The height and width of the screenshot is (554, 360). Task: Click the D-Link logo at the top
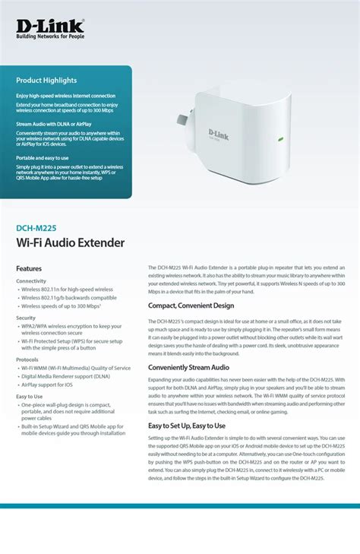point(49,27)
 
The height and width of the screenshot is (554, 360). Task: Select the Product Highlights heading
point(46,81)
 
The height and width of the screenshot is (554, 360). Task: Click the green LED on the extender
point(279,139)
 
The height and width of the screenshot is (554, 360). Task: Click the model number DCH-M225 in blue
point(36,226)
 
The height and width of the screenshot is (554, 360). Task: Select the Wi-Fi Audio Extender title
point(70,242)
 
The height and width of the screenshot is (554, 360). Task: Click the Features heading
point(29,268)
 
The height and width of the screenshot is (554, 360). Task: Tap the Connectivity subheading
point(31,281)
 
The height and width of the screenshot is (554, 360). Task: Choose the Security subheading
point(26,318)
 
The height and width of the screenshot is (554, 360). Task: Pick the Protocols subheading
point(27,359)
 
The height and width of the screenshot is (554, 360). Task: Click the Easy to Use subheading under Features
point(30,396)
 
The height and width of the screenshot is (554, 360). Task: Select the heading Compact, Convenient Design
point(191,305)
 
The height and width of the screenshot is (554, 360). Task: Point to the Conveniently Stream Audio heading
point(188,367)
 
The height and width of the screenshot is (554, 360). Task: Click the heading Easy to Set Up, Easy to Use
point(186,426)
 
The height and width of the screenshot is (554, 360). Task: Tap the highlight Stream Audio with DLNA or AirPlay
point(55,122)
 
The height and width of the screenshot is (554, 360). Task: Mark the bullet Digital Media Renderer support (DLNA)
point(65,376)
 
